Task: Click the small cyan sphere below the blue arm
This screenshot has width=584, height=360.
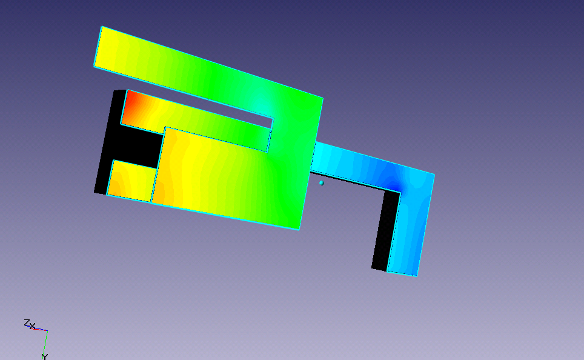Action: (322, 183)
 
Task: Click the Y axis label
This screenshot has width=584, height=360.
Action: (45, 356)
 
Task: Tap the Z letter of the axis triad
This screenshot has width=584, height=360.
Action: (27, 323)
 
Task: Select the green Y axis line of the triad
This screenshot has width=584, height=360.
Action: (45, 342)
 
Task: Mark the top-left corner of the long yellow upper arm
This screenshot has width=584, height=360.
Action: (102, 27)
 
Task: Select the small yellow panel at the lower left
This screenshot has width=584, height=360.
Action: (131, 181)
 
